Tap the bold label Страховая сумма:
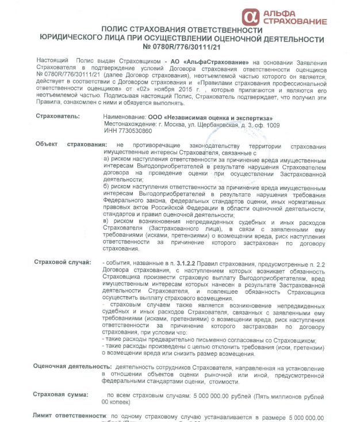(61, 395)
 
